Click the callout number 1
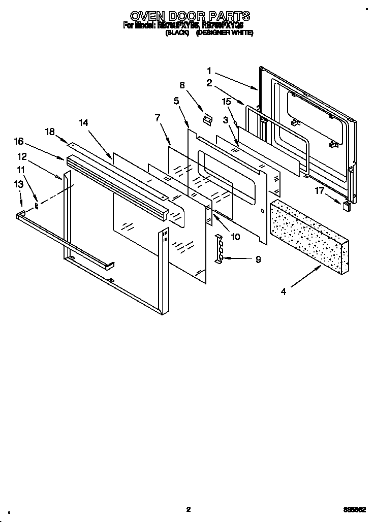click(x=209, y=71)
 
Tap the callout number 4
click(x=284, y=291)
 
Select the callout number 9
click(x=258, y=259)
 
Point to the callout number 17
click(x=319, y=191)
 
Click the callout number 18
click(x=50, y=132)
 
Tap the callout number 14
click(x=83, y=122)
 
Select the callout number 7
click(x=158, y=118)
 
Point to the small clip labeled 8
click(x=206, y=119)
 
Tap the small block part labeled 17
click(x=346, y=206)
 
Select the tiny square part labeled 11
click(x=37, y=206)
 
